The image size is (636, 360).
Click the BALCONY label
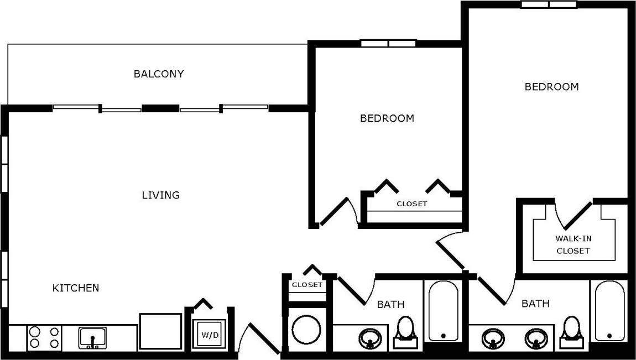pyautogui.click(x=159, y=74)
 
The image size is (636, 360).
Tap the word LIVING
pyautogui.click(x=160, y=195)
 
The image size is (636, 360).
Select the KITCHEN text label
pyautogui.click(x=76, y=288)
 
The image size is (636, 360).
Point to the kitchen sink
pyautogui.click(x=92, y=337)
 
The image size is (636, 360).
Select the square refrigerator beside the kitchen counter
pyautogui.click(x=160, y=331)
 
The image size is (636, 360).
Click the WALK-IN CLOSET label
pyautogui.click(x=573, y=245)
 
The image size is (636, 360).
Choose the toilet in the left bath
pyautogui.click(x=406, y=331)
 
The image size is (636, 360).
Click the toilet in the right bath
pyautogui.click(x=570, y=331)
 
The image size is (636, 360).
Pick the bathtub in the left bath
pyautogui.click(x=443, y=311)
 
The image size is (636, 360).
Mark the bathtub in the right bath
pyautogui.click(x=609, y=311)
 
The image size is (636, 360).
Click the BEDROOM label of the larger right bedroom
pyautogui.click(x=551, y=87)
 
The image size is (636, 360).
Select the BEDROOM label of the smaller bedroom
pyautogui.click(x=387, y=118)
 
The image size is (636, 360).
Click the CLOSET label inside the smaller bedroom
pyautogui.click(x=411, y=204)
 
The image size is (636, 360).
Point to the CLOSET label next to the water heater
pyautogui.click(x=307, y=285)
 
